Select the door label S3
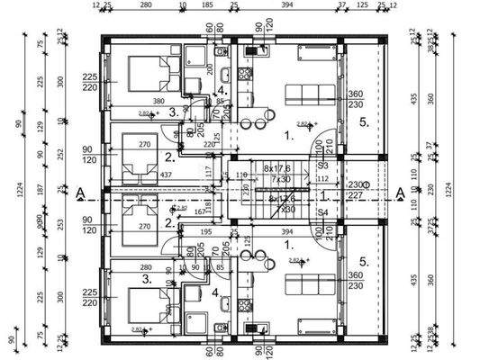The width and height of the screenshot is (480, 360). (322, 166)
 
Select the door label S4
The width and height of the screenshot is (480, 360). (322, 213)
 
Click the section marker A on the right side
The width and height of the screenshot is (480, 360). (400, 192)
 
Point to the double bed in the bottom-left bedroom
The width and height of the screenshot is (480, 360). (143, 303)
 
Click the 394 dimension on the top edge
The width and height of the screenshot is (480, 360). (288, 5)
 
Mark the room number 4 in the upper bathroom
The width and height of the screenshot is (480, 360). (220, 91)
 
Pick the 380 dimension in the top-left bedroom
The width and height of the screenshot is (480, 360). (158, 102)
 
